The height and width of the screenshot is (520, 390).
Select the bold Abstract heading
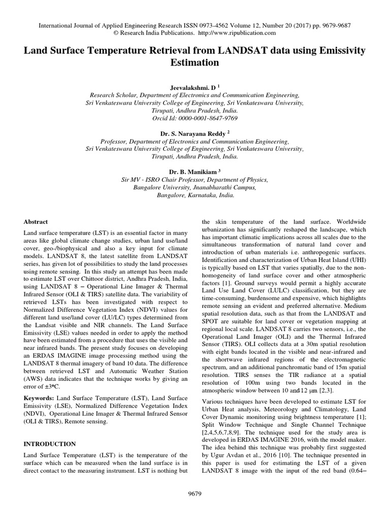coord(36,222)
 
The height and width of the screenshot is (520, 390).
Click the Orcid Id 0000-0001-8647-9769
coord(195,118)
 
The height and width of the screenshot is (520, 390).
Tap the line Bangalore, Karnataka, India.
coord(195,194)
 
